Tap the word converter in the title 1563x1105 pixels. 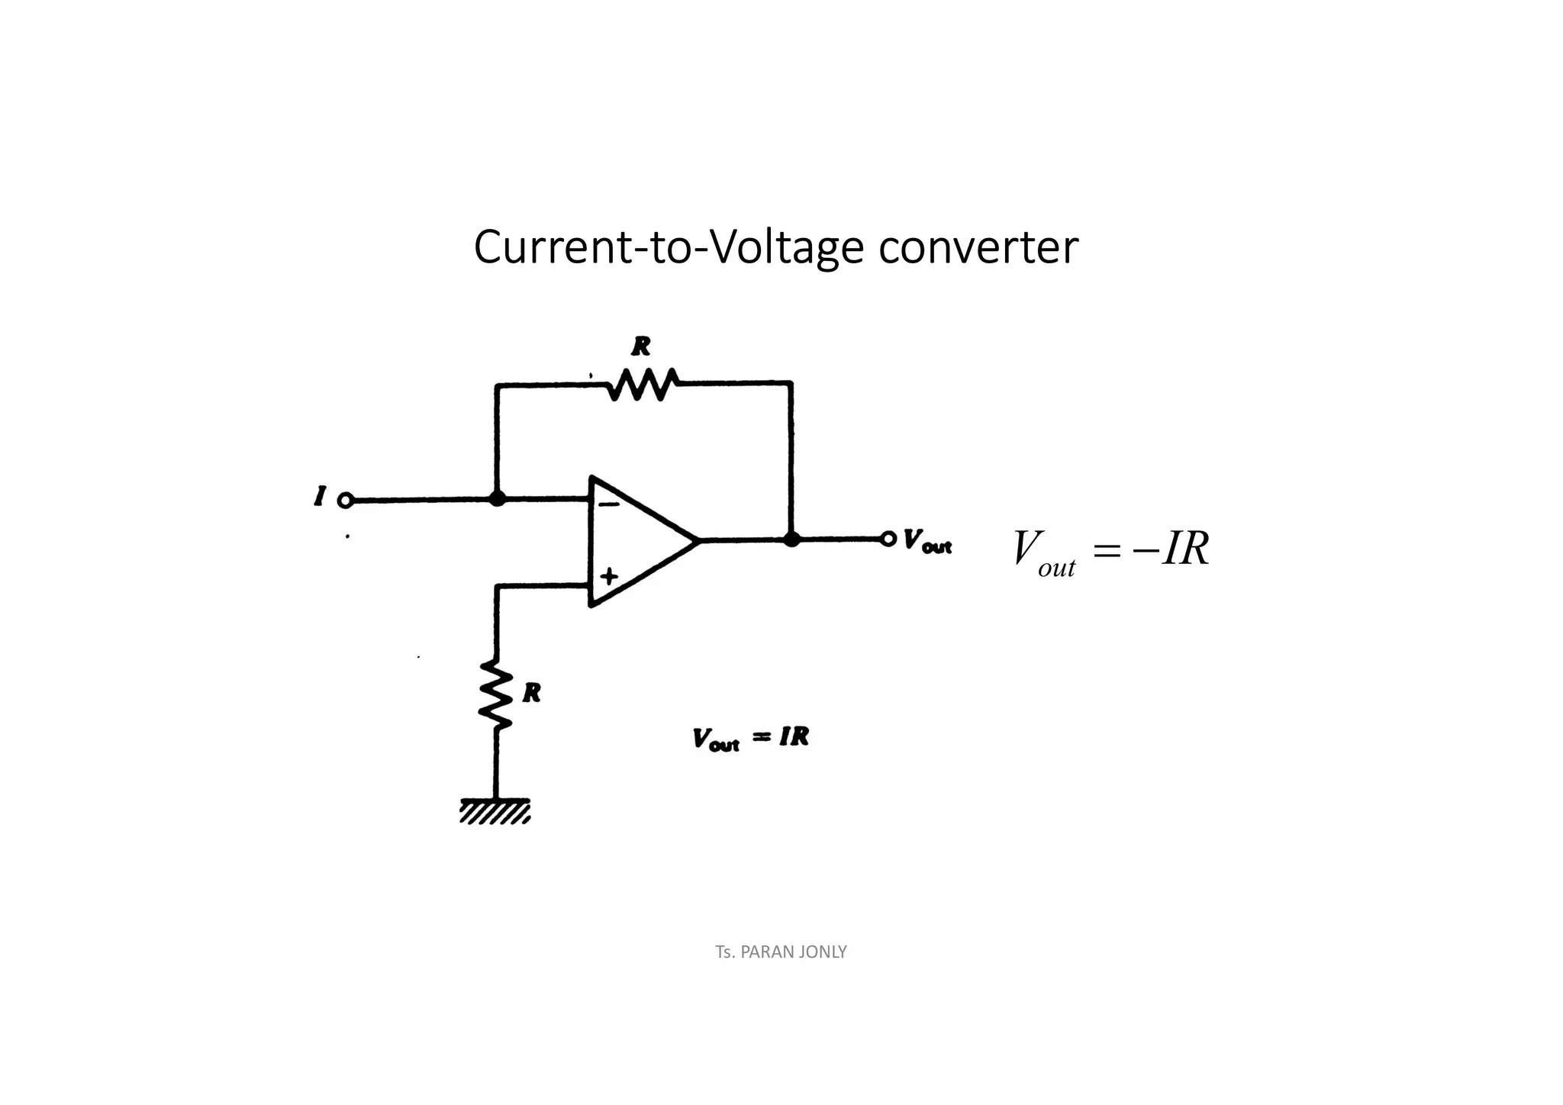click(978, 248)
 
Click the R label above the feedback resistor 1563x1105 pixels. click(641, 347)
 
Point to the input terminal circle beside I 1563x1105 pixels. click(345, 501)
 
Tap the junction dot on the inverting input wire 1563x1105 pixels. click(497, 499)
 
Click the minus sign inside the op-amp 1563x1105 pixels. click(608, 504)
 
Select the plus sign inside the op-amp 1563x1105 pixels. click(608, 576)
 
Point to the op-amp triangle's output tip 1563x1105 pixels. click(696, 540)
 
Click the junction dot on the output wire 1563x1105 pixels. click(792, 540)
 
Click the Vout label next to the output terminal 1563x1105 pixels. click(927, 541)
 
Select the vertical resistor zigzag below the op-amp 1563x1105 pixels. click(496, 695)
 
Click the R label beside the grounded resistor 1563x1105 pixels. click(532, 693)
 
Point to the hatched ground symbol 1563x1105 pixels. click(495, 811)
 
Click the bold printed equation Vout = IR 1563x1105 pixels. click(750, 739)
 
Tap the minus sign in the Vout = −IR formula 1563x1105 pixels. click(1144, 549)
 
